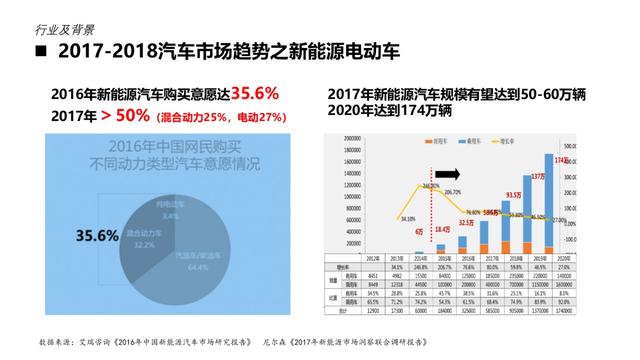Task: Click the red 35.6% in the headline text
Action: (x=255, y=94)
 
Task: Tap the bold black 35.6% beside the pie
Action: (x=97, y=236)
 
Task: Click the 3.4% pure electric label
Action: (x=170, y=216)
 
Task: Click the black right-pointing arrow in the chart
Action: (x=447, y=174)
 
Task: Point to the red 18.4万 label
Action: (x=443, y=229)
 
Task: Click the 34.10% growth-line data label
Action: (x=406, y=219)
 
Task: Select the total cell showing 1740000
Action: (x=564, y=310)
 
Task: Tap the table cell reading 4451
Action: (x=373, y=276)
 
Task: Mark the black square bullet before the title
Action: (x=41, y=52)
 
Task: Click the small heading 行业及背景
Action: (x=65, y=30)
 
